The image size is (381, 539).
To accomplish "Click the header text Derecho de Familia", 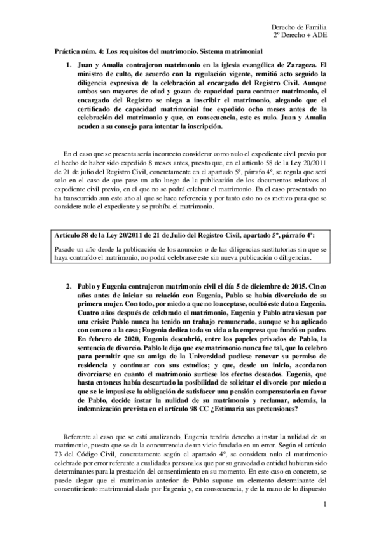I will (298, 28).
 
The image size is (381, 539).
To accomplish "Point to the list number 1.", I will (69, 65).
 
